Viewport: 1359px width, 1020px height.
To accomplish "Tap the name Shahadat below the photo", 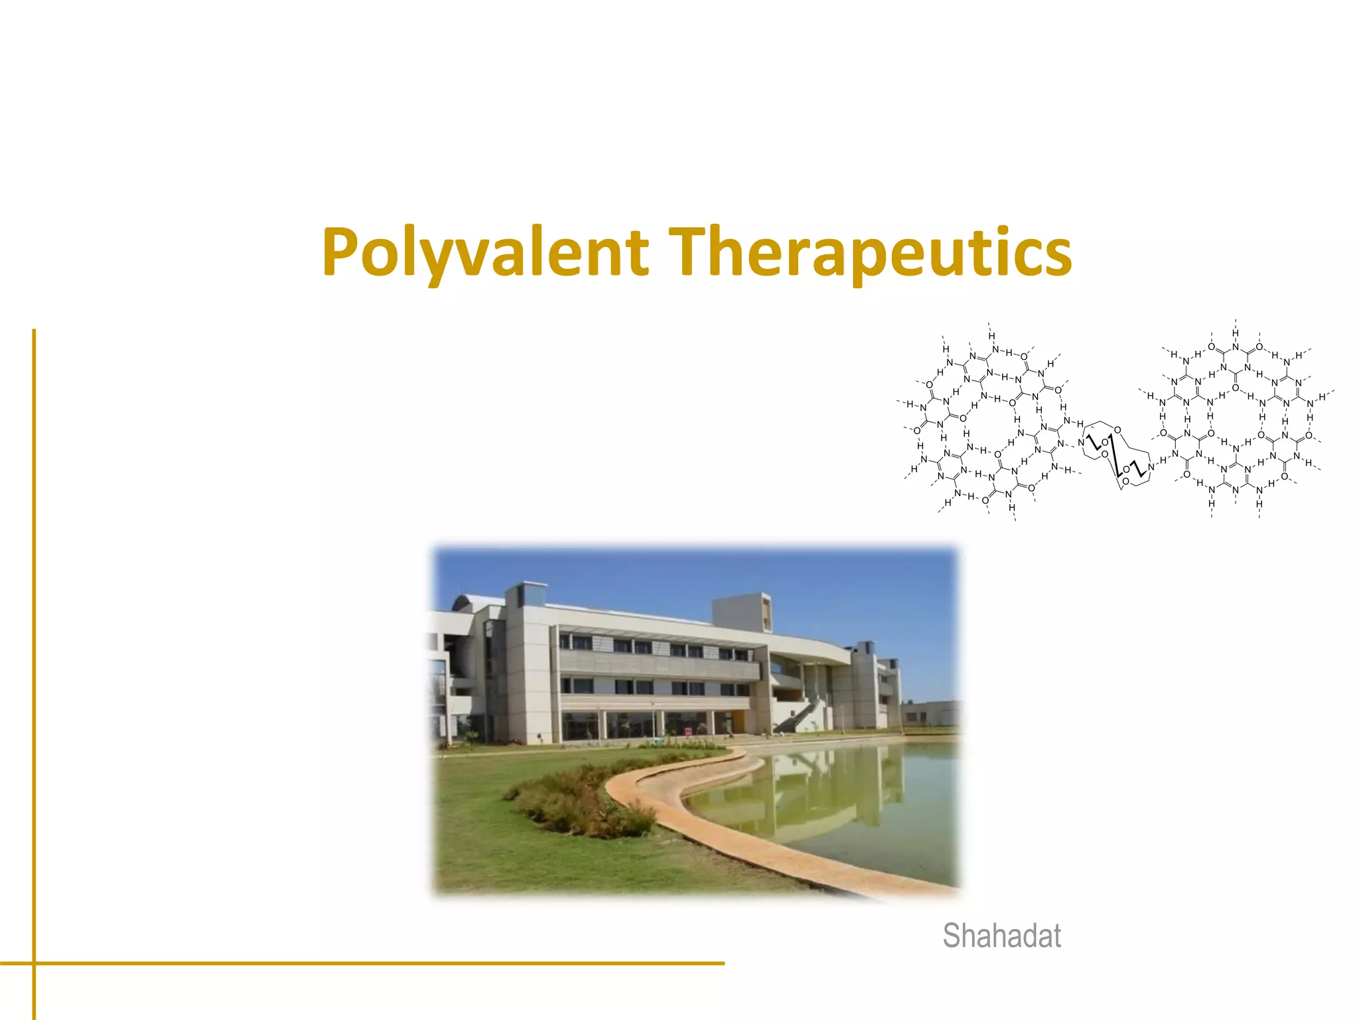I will pyautogui.click(x=1001, y=936).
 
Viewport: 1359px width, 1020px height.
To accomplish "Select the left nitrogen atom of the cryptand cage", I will pyautogui.click(x=1081, y=442).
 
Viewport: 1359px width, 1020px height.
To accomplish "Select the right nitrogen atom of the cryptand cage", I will pyautogui.click(x=1151, y=467).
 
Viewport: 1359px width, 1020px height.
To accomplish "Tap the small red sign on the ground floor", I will pyautogui.click(x=688, y=730).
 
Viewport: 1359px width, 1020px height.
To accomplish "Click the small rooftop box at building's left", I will pyautogui.click(x=527, y=594).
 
